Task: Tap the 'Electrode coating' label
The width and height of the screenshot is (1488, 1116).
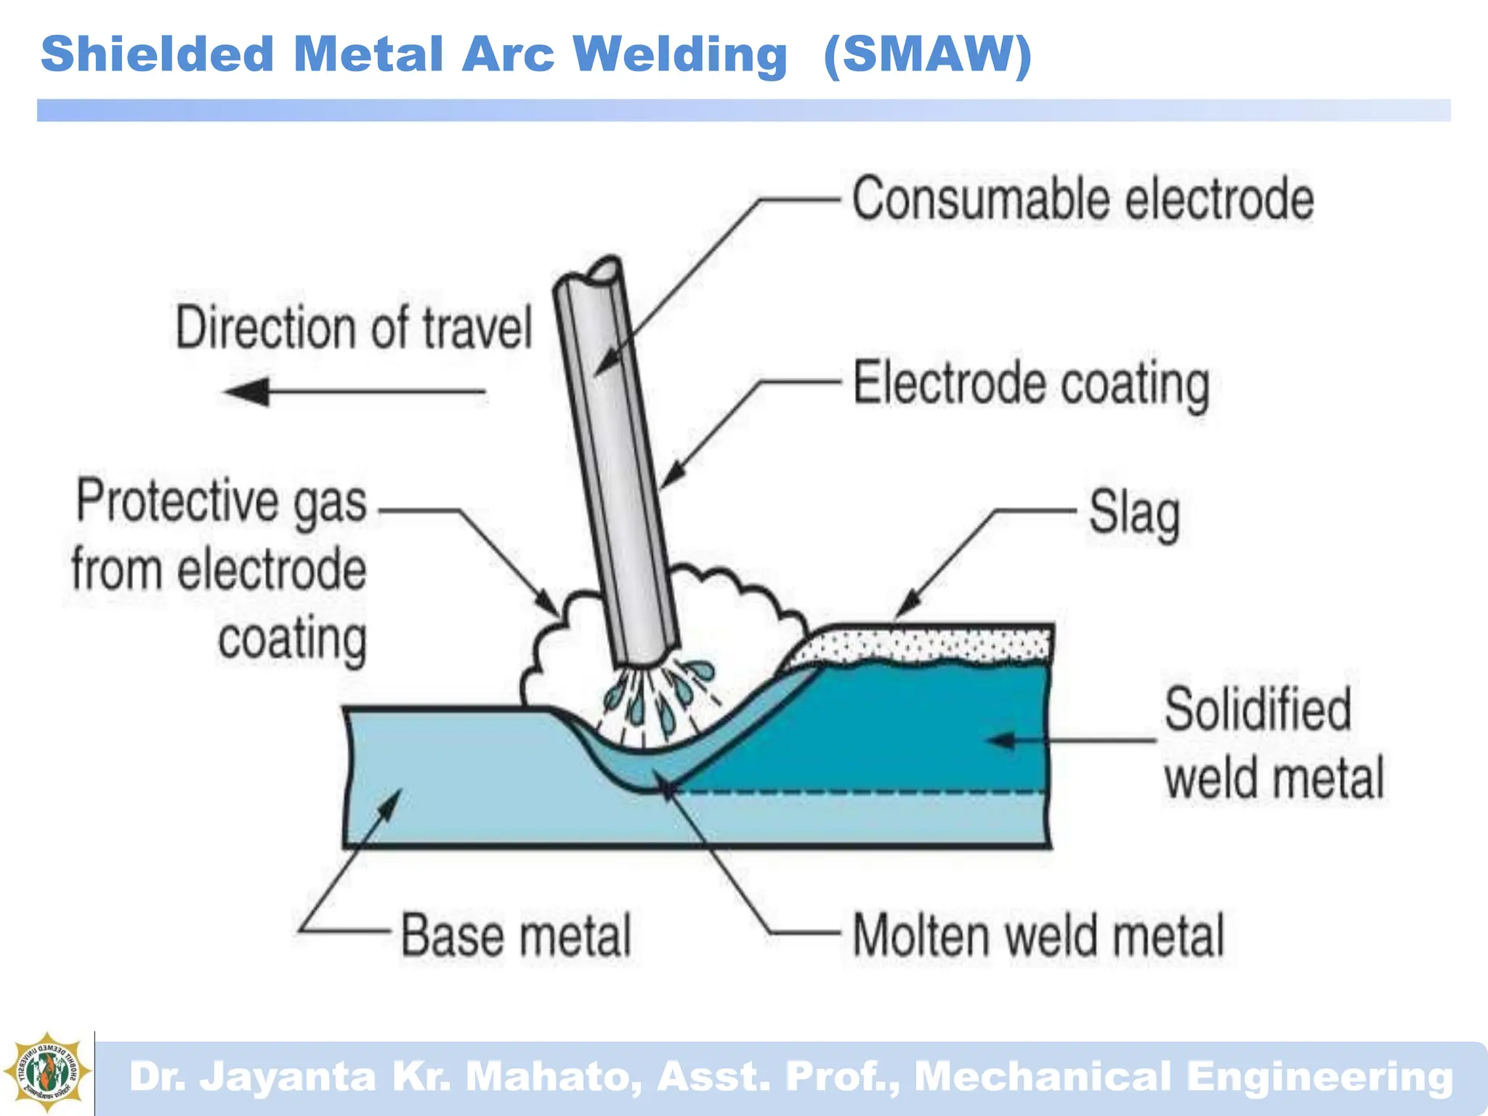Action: [1031, 384]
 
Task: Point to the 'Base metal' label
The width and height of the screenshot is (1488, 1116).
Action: [516, 935]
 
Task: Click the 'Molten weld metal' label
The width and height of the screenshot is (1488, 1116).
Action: [1038, 935]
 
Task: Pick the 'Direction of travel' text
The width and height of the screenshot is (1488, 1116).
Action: [354, 328]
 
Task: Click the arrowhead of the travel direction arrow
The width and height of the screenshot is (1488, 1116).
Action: [247, 392]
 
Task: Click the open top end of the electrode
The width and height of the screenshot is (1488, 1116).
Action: [604, 272]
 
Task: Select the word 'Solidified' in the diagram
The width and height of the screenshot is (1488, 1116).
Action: [1258, 709]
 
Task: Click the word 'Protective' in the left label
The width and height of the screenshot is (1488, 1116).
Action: [178, 501]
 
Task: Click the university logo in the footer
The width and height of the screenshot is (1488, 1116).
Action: [47, 1072]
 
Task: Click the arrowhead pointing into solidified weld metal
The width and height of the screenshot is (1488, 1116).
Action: [1003, 740]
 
